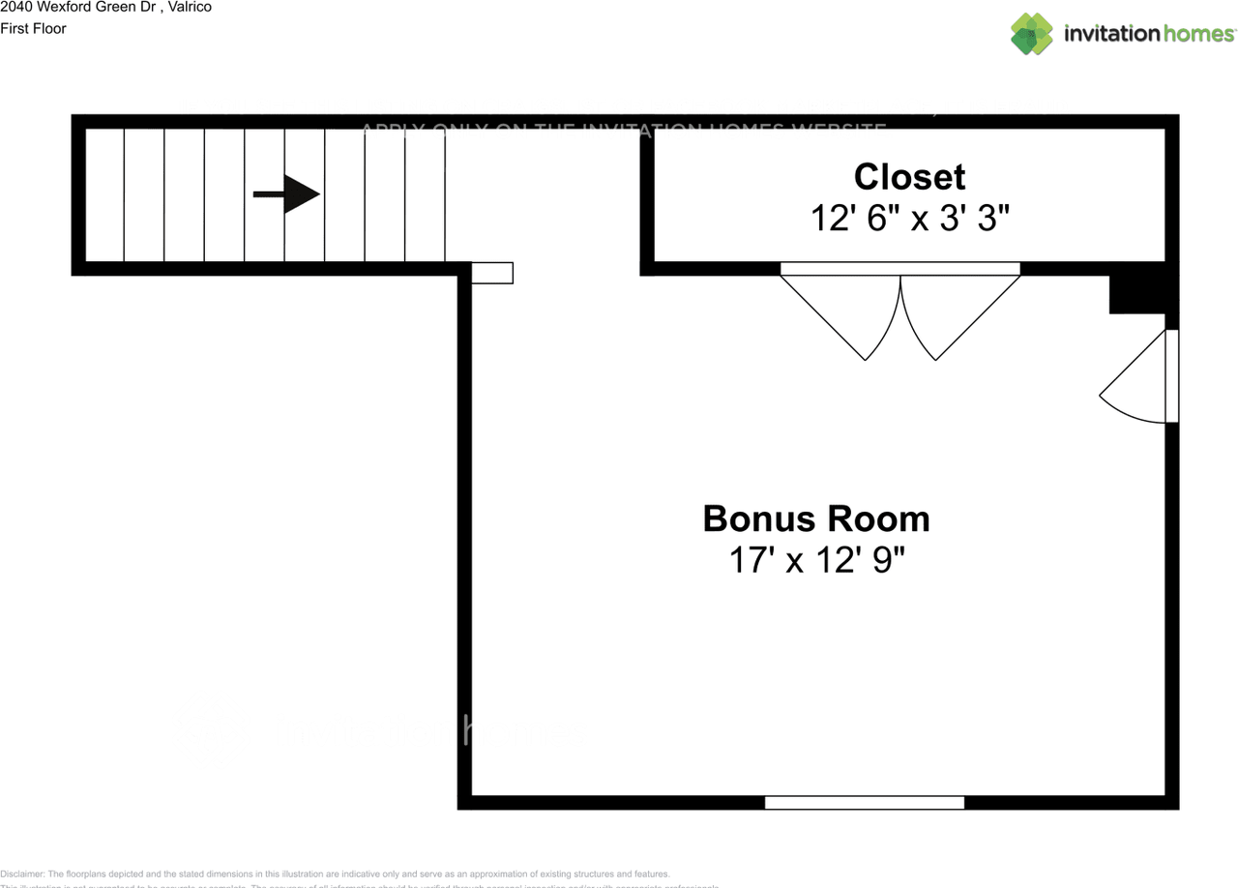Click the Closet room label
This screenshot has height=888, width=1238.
909,177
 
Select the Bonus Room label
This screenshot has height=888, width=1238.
815,518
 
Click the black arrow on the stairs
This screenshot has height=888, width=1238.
286,194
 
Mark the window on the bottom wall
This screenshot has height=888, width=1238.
864,802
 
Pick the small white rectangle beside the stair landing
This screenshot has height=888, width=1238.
491,273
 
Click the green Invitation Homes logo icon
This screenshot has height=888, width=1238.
1031,34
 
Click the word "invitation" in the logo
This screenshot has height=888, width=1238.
1111,34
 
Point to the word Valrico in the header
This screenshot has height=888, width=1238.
191,7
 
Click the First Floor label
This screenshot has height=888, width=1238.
34,28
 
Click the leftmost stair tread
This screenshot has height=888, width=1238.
104,194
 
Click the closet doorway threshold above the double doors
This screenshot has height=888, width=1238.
899,269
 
